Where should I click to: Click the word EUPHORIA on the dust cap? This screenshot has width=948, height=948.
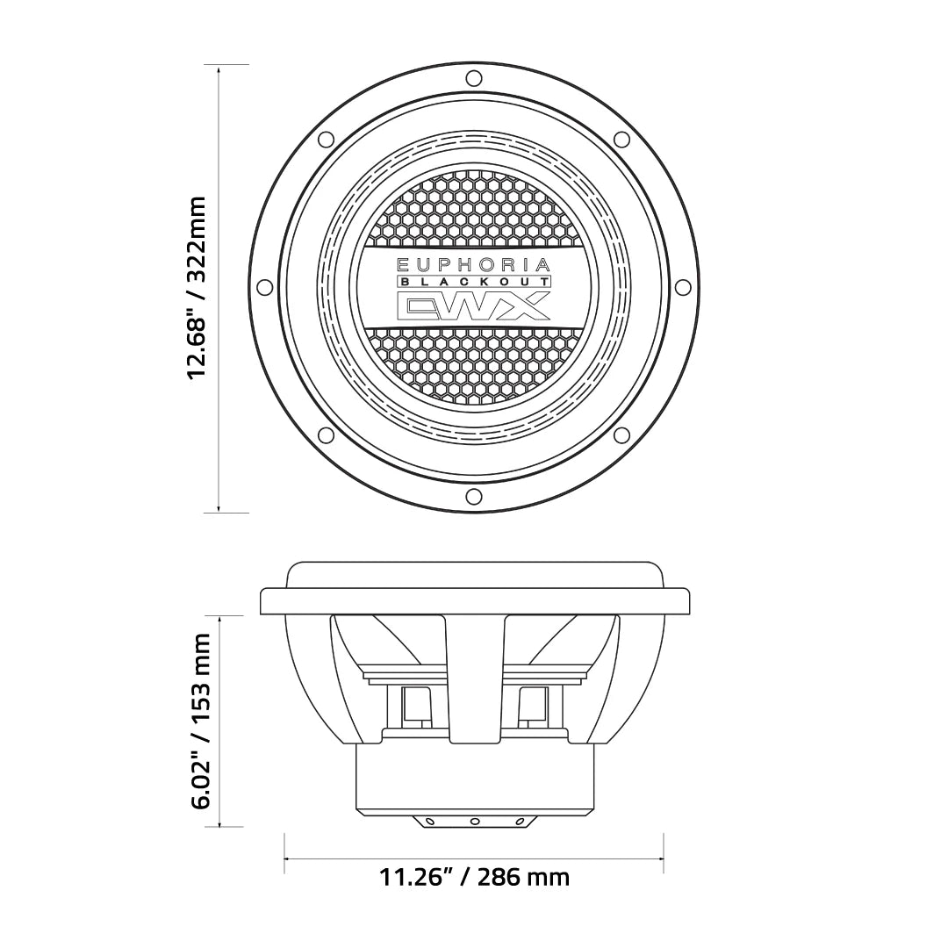tap(474, 264)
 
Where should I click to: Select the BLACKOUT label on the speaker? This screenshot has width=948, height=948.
tap(474, 281)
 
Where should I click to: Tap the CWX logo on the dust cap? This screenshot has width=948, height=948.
tap(474, 305)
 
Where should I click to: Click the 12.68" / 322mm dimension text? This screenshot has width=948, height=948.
tap(197, 287)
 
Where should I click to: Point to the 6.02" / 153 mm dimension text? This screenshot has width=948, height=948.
tap(201, 721)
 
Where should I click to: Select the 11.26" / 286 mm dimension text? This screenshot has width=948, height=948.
tap(474, 876)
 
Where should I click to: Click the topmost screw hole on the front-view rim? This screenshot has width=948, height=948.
tap(474, 78)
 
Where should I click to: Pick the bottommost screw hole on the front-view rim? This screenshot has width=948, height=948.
tap(474, 497)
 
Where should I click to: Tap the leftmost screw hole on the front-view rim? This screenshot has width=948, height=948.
tap(264, 287)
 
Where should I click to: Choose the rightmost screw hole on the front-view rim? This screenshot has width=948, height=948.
tap(683, 287)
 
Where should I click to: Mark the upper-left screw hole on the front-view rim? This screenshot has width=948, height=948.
tap(326, 139)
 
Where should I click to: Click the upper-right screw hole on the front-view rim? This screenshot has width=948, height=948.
tap(621, 139)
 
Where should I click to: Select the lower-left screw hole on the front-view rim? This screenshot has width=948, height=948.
tap(326, 435)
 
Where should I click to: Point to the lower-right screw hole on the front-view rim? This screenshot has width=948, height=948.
tap(621, 435)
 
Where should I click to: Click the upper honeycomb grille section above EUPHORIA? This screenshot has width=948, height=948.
tap(474, 211)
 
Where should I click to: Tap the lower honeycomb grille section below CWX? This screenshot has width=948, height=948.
tap(474, 364)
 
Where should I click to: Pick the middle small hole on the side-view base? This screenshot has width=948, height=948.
tap(474, 822)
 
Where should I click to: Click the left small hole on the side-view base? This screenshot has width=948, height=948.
tap(429, 822)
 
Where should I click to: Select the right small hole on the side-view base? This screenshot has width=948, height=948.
tap(519, 822)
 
